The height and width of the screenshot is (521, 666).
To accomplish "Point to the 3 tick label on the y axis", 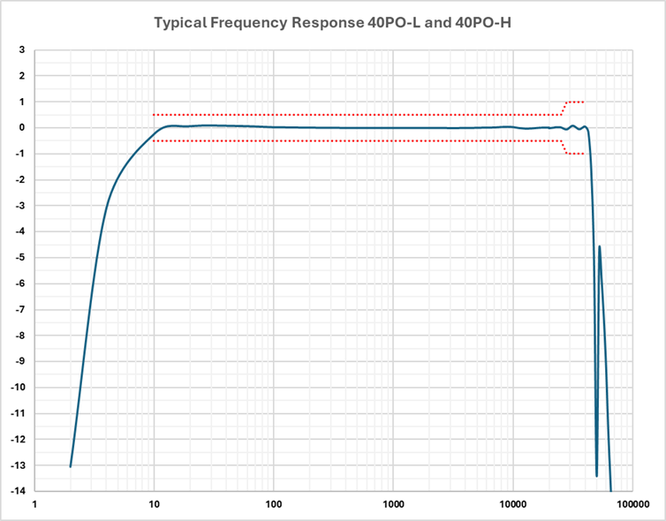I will (x=21, y=50).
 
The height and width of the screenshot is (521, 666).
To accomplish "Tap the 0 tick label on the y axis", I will (x=21, y=128).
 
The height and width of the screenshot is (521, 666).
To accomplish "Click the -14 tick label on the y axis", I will (x=17, y=491).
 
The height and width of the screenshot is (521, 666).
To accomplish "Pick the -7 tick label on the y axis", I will (x=19, y=309).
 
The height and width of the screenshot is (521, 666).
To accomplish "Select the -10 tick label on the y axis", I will (x=17, y=388).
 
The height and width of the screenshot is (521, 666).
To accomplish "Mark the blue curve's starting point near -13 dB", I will (x=71, y=466).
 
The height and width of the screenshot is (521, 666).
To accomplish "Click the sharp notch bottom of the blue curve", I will (x=597, y=476).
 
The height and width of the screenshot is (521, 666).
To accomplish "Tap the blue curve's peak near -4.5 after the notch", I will (x=600, y=246).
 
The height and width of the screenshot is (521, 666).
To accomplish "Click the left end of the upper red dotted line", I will (x=155, y=115).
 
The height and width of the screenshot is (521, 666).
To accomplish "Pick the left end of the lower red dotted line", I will (x=155, y=140).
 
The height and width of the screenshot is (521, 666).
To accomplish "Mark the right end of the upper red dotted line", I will (x=584, y=102).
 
